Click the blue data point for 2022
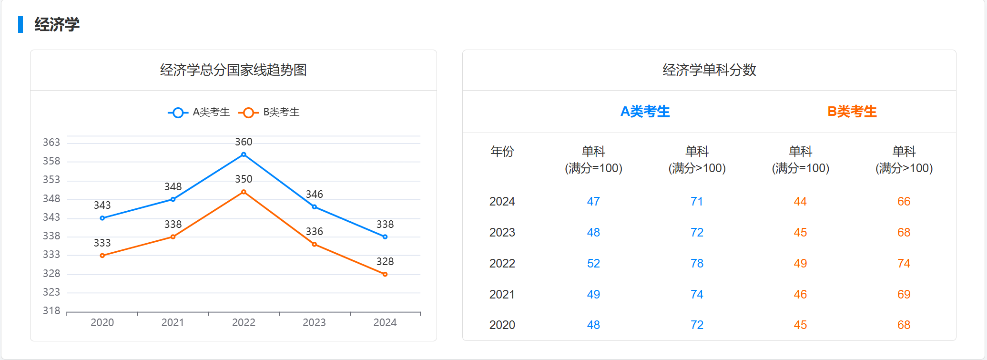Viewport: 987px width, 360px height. (244, 154)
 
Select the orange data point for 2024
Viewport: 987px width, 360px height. (385, 274)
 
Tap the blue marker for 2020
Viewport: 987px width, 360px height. (102, 218)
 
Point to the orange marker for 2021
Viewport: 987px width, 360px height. (173, 237)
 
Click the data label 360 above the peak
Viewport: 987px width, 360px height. (244, 142)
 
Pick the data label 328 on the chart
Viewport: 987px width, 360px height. (385, 262)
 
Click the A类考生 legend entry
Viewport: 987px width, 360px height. (199, 113)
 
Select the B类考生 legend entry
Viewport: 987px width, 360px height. (269, 113)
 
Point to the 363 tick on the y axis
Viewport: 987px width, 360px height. (51, 143)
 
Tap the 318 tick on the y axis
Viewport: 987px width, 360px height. (51, 311)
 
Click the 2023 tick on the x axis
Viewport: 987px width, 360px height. (314, 323)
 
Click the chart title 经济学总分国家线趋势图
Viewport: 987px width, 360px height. (233, 70)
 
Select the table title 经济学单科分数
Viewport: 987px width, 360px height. (709, 70)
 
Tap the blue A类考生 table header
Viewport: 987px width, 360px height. (645, 112)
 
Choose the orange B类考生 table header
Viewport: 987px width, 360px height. (852, 112)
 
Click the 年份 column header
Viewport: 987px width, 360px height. (502, 152)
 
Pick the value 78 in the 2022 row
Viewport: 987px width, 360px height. (697, 264)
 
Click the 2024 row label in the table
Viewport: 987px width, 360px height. (502, 202)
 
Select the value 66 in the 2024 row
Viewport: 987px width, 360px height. (904, 202)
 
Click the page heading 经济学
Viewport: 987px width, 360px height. (57, 24)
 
